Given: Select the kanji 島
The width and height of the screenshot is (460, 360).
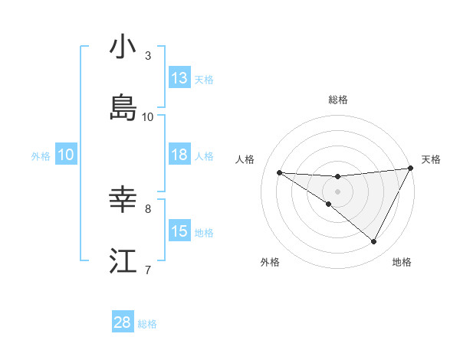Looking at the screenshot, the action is [x=123, y=108].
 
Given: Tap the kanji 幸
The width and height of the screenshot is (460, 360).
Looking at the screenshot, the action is [x=123, y=200].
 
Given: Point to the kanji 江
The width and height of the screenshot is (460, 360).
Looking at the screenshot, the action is [x=123, y=260].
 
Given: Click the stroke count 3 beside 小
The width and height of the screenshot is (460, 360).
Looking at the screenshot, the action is [x=148, y=55].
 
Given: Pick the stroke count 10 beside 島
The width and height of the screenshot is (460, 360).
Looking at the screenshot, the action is [x=148, y=116].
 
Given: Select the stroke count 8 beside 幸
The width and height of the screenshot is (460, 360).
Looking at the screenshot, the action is [x=148, y=208].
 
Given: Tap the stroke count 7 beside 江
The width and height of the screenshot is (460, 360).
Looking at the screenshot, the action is [x=148, y=269].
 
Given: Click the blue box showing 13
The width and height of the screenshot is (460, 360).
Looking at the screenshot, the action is [x=179, y=78].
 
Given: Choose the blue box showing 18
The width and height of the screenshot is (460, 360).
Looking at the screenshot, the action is [x=179, y=155].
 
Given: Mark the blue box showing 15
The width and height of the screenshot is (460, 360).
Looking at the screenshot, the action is [x=179, y=231].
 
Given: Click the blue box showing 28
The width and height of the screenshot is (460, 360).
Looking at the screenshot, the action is [x=123, y=322].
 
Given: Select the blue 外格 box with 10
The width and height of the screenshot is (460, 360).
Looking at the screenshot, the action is [x=66, y=155].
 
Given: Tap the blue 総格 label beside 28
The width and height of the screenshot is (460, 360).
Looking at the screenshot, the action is [x=147, y=324].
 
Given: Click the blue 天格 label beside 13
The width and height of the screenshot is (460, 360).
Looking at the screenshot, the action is [x=204, y=80].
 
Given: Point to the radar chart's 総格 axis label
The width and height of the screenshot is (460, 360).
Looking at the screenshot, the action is [x=338, y=100].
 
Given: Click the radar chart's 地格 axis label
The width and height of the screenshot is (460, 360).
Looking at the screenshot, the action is [x=402, y=262].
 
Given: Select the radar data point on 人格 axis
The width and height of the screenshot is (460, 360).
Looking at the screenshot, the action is [x=279, y=172].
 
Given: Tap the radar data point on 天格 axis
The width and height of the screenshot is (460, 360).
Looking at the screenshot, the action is [x=410, y=169].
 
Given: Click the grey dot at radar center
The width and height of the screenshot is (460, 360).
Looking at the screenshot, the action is [x=338, y=191].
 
